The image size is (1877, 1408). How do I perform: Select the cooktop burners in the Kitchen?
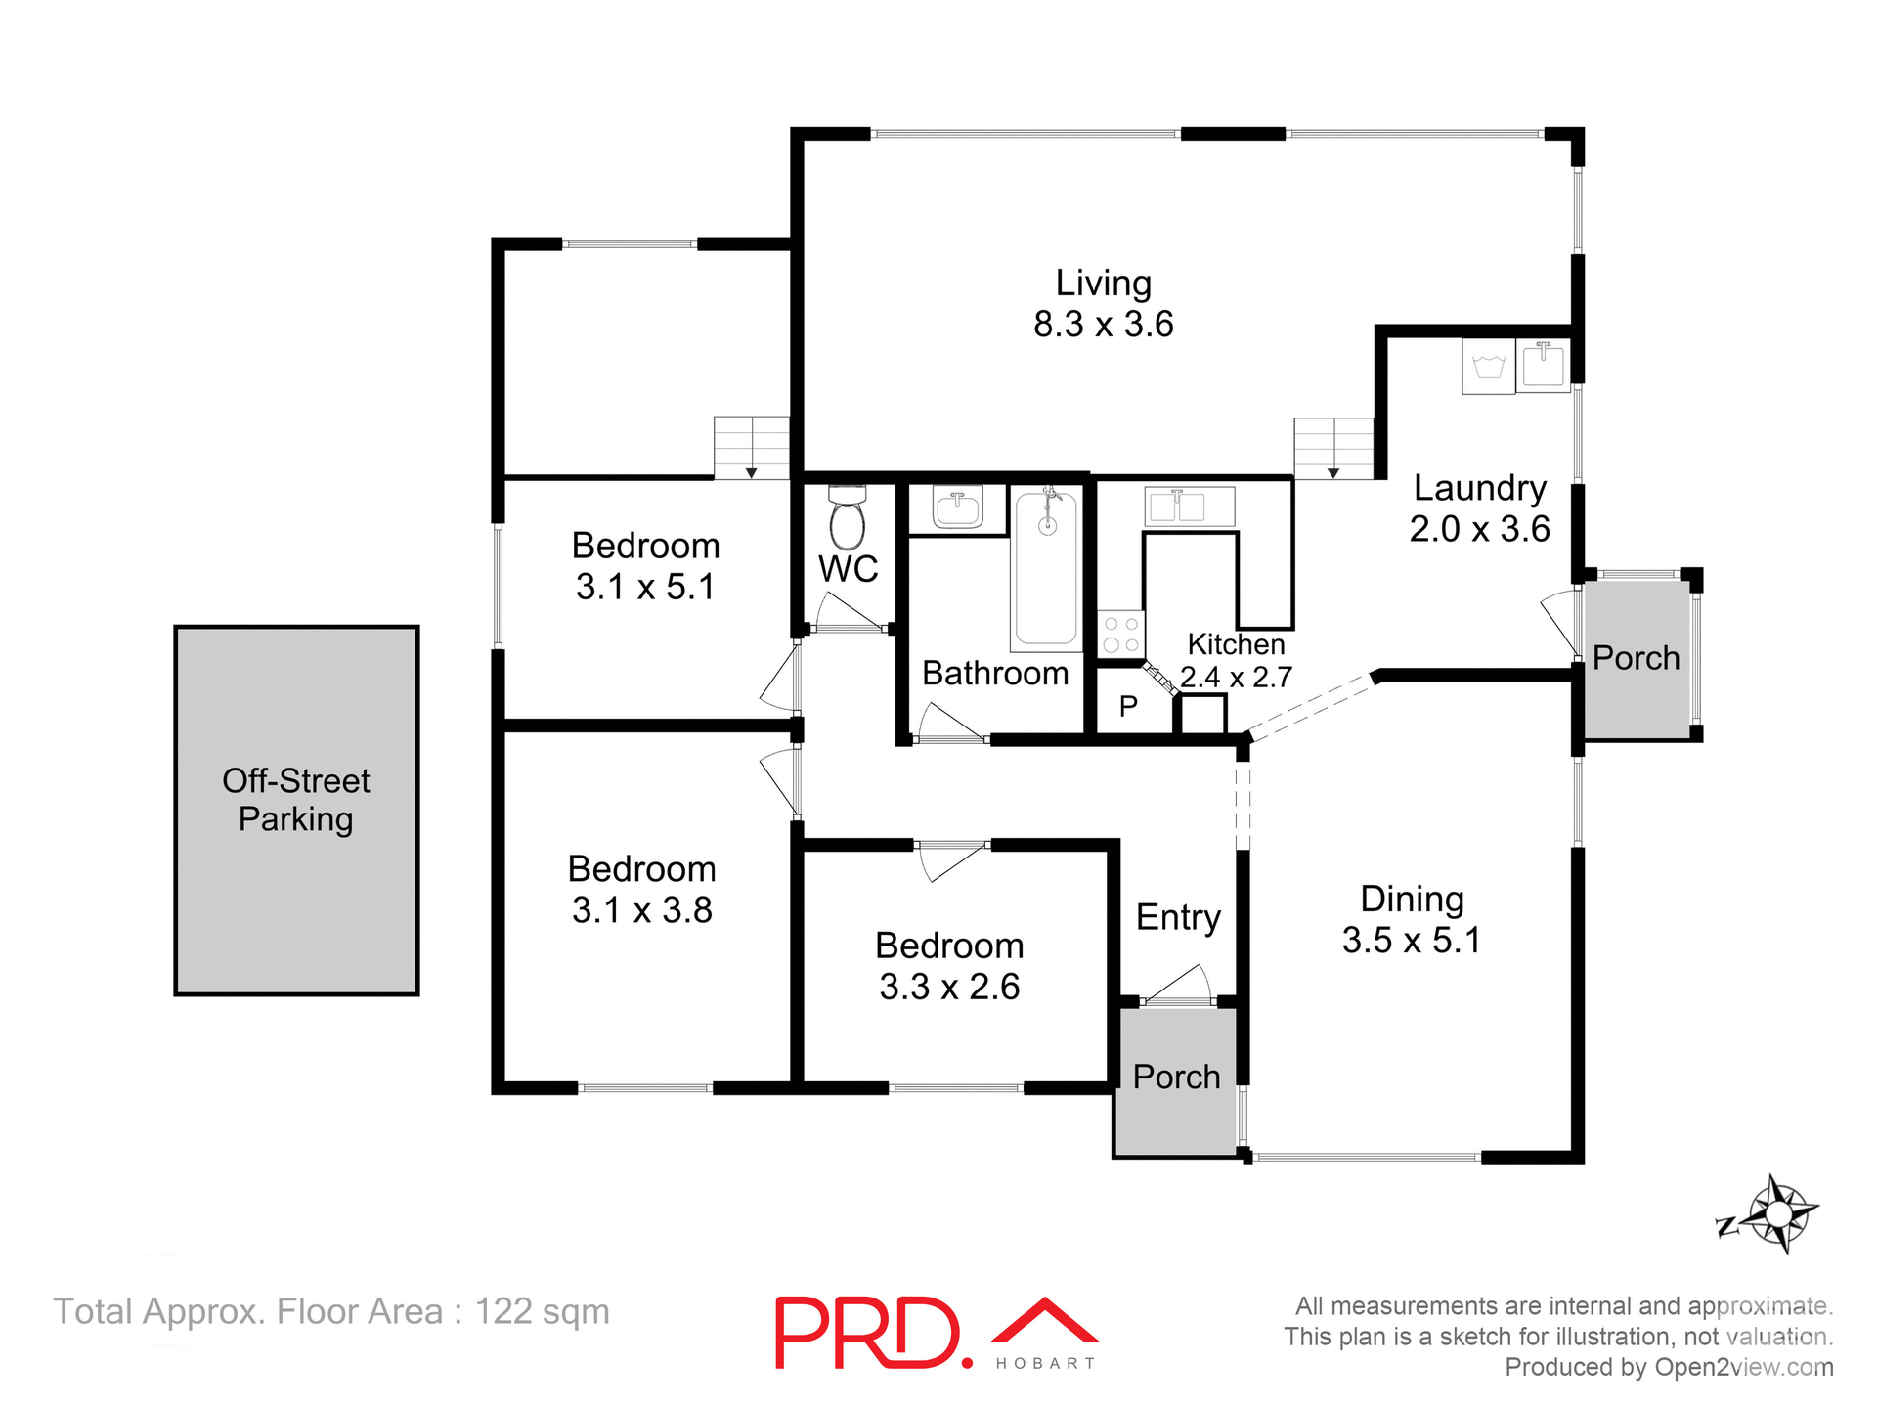[1120, 634]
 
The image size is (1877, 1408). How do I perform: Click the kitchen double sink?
[1189, 506]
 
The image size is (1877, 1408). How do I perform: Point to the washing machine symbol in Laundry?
[1488, 367]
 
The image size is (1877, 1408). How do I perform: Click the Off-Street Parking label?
[296, 799]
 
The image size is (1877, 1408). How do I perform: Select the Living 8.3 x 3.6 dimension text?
[1103, 324]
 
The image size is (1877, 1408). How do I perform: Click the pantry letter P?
[1128, 706]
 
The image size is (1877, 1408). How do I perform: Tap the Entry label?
[1178, 917]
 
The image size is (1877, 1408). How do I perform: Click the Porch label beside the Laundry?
[1636, 658]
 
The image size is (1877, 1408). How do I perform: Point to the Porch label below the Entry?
[1176, 1077]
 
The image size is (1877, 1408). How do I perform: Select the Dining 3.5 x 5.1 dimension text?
[1411, 940]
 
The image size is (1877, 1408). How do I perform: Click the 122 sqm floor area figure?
[542, 1311]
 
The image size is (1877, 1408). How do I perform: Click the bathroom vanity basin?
[957, 508]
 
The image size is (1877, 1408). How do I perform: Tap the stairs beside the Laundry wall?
[1333, 448]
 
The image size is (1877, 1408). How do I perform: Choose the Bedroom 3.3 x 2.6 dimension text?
[949, 987]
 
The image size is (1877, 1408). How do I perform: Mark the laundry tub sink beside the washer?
[1543, 365]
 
